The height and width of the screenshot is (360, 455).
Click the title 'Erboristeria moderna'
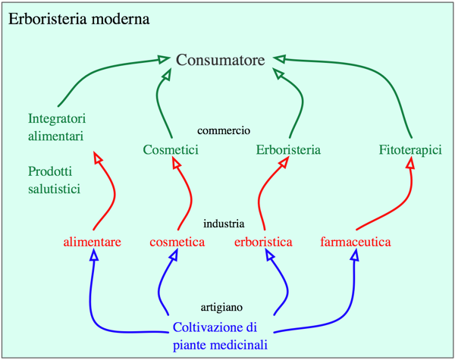click(79, 17)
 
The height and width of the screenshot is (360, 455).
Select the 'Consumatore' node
click(220, 60)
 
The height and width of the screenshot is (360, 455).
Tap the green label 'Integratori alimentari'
click(57, 127)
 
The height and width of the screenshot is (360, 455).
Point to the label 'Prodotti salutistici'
click(54, 180)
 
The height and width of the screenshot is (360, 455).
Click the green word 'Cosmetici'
click(171, 149)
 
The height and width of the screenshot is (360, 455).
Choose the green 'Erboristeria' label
click(288, 149)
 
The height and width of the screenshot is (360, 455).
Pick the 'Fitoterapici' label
click(410, 149)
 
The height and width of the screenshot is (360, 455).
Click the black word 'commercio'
click(224, 130)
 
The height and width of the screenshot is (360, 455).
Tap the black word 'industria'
click(224, 224)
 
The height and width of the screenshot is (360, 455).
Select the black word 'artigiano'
click(221, 307)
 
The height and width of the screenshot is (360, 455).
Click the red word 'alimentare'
click(93, 243)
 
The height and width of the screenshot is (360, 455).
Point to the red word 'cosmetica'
click(177, 243)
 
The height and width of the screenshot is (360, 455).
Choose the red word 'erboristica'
click(264, 243)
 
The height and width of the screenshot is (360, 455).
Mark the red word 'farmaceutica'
click(355, 243)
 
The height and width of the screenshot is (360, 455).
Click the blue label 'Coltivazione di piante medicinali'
click(221, 337)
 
